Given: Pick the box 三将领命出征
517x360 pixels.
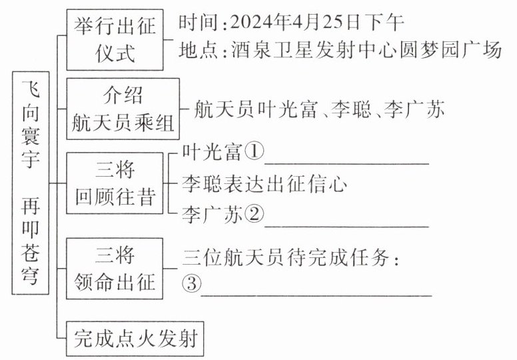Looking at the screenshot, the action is (x=115, y=269).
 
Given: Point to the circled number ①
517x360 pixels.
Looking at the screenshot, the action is (x=254, y=153).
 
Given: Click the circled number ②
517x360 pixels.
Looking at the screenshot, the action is (x=254, y=215).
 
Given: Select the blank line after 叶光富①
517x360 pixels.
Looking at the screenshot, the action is (x=346, y=160).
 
